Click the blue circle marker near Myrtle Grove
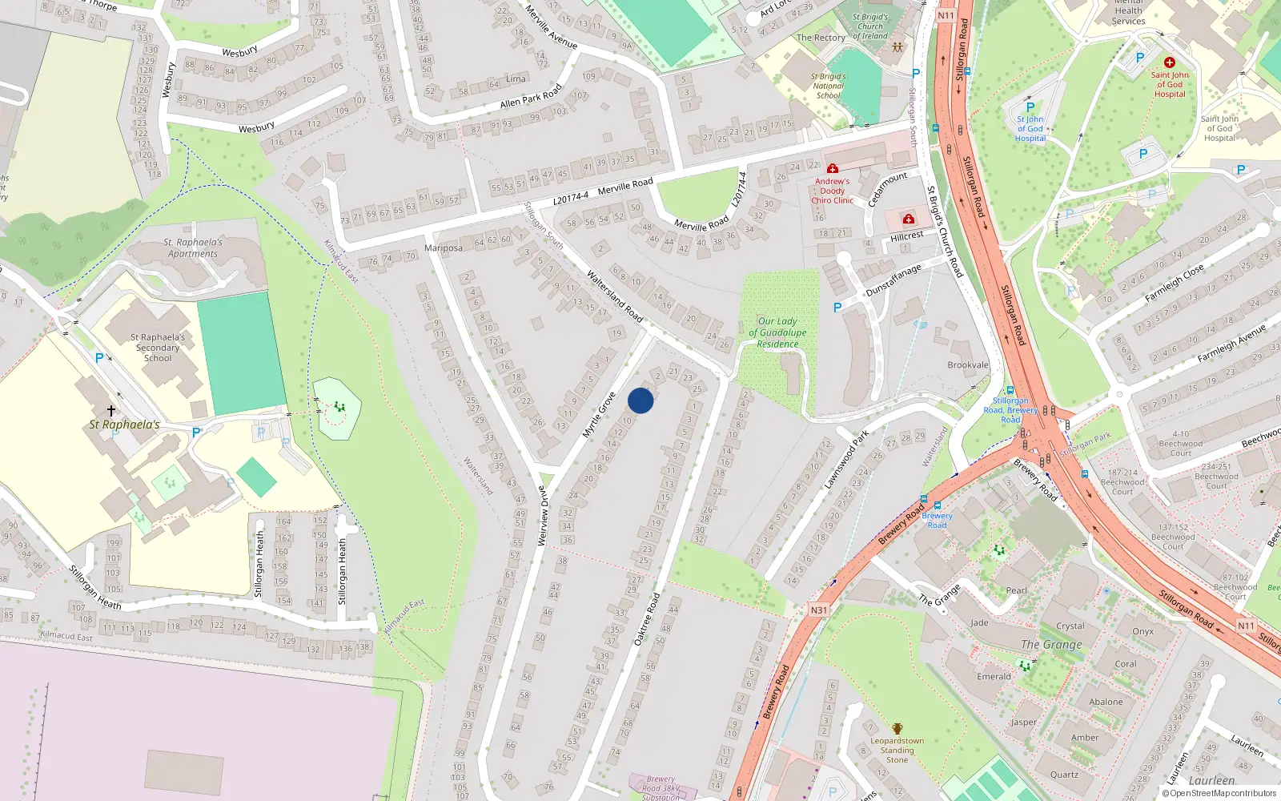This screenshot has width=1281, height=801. coord(640,400)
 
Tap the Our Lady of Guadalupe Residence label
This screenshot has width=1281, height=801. coord(777,332)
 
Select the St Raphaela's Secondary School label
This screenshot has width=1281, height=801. coord(158,348)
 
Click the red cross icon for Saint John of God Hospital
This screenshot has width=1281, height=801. coord(1169,62)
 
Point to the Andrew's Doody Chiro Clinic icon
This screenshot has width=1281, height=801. coord(833,169)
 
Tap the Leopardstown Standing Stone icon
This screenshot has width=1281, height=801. coord(898,729)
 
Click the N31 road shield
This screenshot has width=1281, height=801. coord(818,610)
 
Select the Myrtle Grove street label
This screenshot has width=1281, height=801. coord(599,415)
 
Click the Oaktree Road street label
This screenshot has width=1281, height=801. coord(647,619)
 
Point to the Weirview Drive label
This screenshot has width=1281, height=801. coord(543,516)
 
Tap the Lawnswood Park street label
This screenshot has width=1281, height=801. coord(846,460)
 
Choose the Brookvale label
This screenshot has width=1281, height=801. coord(968,365)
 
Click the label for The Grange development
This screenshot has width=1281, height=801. coord(1051,645)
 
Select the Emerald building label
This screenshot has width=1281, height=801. coord(994,677)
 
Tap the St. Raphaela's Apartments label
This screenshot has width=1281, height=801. coord(193,248)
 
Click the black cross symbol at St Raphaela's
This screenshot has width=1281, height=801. coord(111,410)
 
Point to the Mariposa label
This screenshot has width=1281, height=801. coord(444,248)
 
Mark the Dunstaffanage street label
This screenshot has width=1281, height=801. coord(893,281)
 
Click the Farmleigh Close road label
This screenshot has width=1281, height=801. coord(1174,283)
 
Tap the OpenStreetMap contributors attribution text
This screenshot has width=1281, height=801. coord(1219,794)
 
